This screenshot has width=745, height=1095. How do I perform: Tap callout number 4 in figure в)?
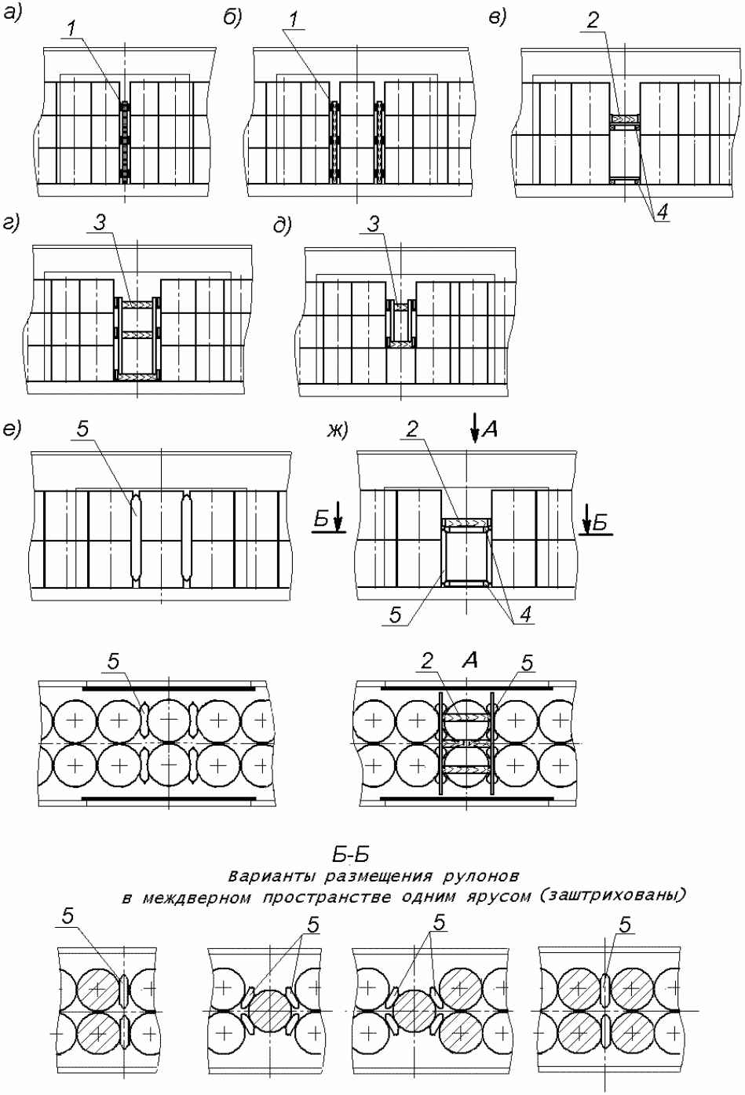[663, 212]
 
